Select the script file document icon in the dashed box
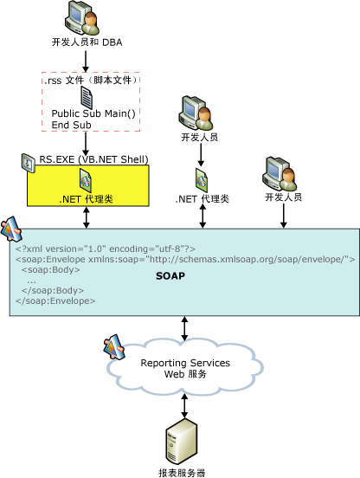coord(87,95)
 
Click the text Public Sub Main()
coord(90,113)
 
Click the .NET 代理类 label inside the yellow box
coord(87,199)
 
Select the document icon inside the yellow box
coord(86,179)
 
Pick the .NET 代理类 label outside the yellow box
coord(201,199)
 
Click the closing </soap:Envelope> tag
coord(55,300)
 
